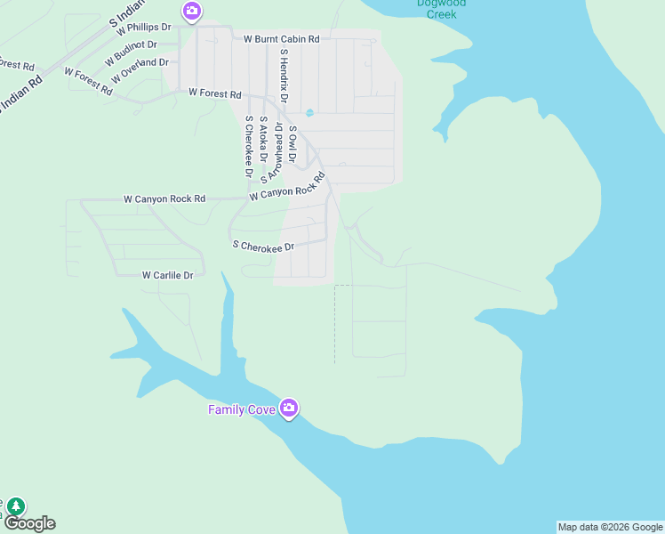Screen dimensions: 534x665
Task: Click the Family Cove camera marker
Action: pos(288,408)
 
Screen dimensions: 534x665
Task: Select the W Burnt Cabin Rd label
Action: pos(282,39)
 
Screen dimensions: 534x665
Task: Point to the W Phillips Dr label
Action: pos(143,28)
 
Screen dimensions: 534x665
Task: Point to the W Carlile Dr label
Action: pos(168,276)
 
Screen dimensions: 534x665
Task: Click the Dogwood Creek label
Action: pos(441,9)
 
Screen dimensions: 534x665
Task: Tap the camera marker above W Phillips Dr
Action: pos(191,12)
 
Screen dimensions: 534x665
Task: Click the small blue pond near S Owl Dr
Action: pos(309,113)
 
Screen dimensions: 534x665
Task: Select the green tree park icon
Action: pos(15,506)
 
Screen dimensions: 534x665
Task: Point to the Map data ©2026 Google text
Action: pos(610,527)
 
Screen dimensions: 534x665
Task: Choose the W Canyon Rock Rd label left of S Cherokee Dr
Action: pos(164,198)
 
